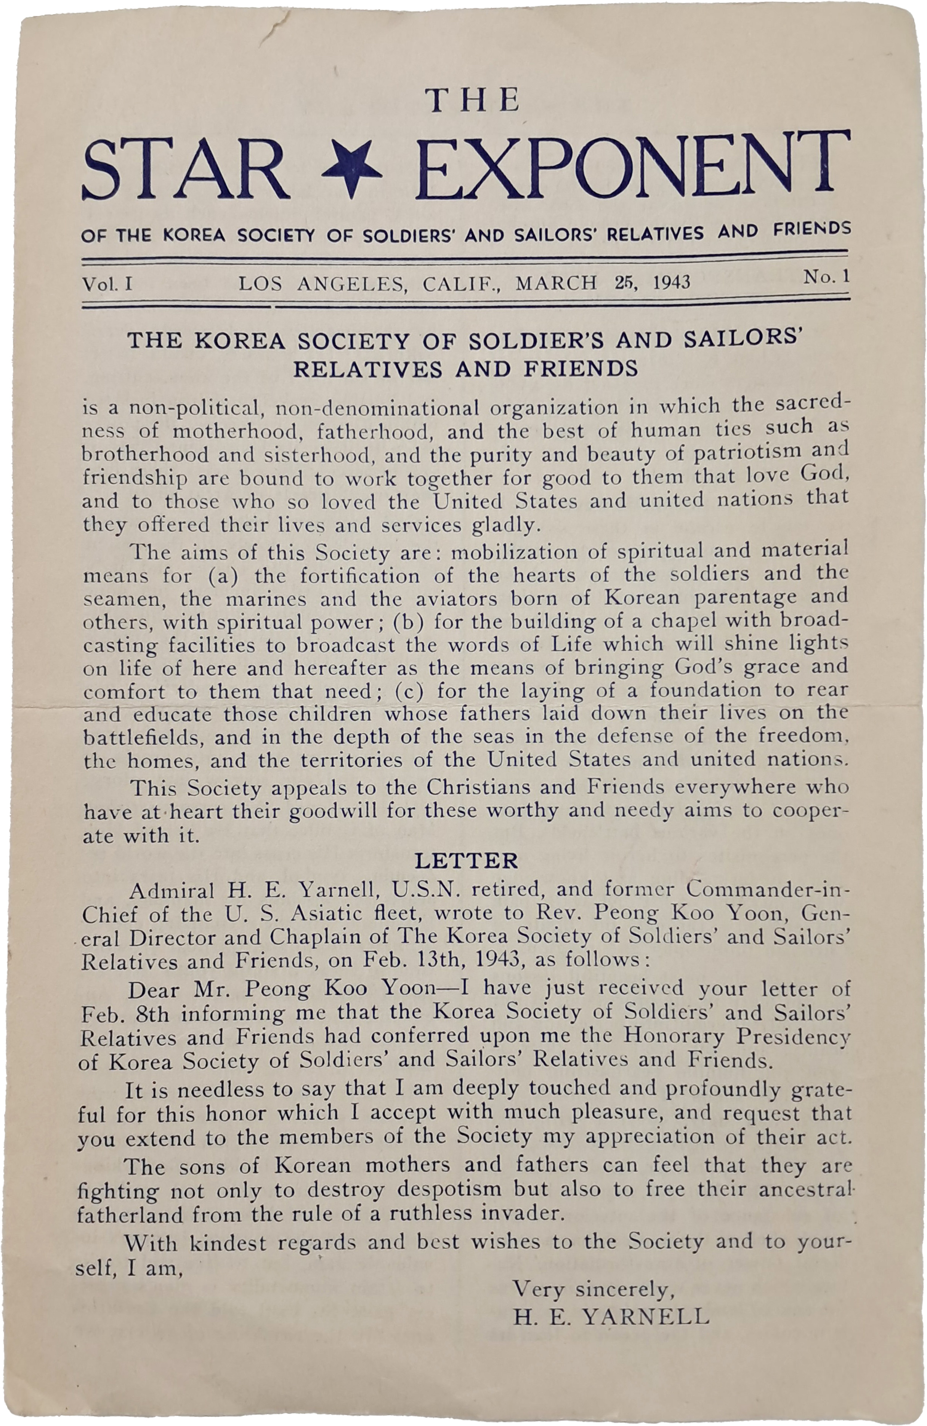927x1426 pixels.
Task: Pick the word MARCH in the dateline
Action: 556,282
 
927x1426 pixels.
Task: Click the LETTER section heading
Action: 466,861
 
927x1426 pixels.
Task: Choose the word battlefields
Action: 141,737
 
